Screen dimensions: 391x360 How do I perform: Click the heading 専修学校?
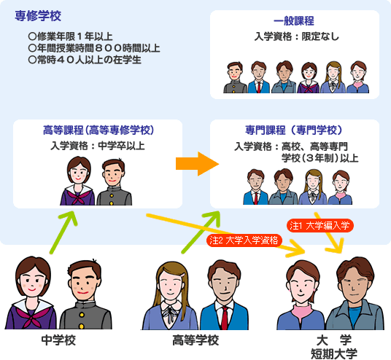[x=38, y=16]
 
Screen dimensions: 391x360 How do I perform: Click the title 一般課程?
[x=294, y=21]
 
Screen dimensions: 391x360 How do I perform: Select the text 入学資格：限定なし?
[x=296, y=36]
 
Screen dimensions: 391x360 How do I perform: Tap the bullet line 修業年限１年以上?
[x=71, y=36]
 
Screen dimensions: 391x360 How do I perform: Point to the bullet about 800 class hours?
[x=94, y=48]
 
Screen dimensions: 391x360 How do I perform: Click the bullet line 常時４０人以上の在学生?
[x=85, y=60]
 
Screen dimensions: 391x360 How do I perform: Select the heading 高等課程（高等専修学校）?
[x=98, y=130]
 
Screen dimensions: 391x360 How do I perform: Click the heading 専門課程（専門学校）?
[x=293, y=130]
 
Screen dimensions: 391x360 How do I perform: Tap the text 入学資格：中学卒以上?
[x=98, y=146]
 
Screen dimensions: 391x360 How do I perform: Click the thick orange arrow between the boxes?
[x=197, y=164]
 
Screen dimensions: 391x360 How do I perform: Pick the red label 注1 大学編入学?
[x=320, y=226]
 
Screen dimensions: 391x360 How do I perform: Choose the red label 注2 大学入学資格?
[x=244, y=240]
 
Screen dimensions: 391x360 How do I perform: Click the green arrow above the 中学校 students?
[x=63, y=232]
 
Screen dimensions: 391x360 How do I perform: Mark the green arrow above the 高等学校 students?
[x=201, y=232]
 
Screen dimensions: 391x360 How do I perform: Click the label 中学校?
[x=58, y=340]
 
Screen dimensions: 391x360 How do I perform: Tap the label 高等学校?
[x=195, y=340]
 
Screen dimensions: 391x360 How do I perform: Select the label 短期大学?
[x=334, y=353]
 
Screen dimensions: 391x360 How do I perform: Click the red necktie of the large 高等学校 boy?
[x=225, y=318]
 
